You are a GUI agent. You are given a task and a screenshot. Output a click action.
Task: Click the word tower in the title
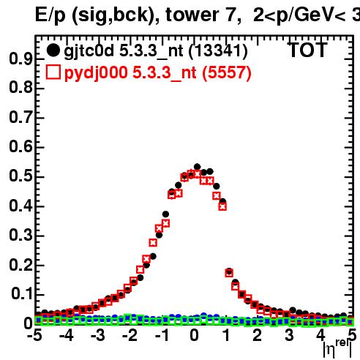[192, 15]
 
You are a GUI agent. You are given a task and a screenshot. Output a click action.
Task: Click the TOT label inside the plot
[308, 50]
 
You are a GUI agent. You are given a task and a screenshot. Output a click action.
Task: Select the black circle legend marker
[53, 50]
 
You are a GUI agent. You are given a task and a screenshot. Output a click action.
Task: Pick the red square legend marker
[53, 72]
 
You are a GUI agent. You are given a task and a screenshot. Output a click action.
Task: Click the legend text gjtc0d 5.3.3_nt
[123, 51]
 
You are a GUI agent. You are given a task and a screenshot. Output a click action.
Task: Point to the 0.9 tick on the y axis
[20, 59]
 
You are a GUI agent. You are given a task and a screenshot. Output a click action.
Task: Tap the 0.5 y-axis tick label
[20, 176]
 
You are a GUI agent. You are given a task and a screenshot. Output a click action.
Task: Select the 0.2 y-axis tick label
[20, 265]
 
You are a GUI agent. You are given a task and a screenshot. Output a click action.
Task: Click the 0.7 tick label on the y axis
[20, 117]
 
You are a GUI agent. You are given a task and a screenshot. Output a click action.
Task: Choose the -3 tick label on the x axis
[98, 335]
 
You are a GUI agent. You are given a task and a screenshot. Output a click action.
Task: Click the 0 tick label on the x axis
[194, 335]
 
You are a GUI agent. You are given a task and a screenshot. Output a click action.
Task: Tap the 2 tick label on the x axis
[258, 335]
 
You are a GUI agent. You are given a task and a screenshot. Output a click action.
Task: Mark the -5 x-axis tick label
[34, 335]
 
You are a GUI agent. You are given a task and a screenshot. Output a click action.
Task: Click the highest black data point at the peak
[197, 167]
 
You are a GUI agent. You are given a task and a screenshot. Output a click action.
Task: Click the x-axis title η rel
[337, 348]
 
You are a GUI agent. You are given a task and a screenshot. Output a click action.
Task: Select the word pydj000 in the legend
[96, 73]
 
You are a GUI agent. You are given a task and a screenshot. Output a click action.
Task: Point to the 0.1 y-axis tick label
[22, 294]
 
